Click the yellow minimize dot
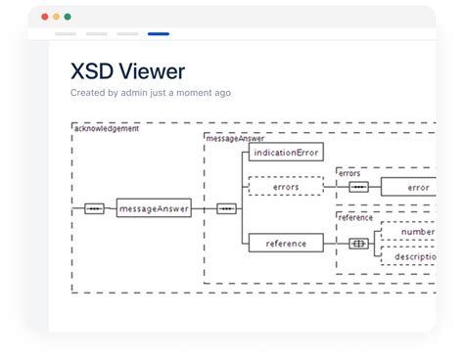(x=56, y=17)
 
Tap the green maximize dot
(x=68, y=17)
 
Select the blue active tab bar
(x=158, y=34)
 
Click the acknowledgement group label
(x=106, y=128)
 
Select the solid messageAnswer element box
(x=154, y=208)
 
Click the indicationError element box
(x=286, y=153)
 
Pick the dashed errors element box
(x=286, y=186)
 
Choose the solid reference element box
(x=286, y=243)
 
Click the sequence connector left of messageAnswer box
(x=94, y=208)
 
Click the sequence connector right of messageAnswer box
(x=226, y=208)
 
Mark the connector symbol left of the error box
(x=359, y=187)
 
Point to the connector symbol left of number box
(x=359, y=243)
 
